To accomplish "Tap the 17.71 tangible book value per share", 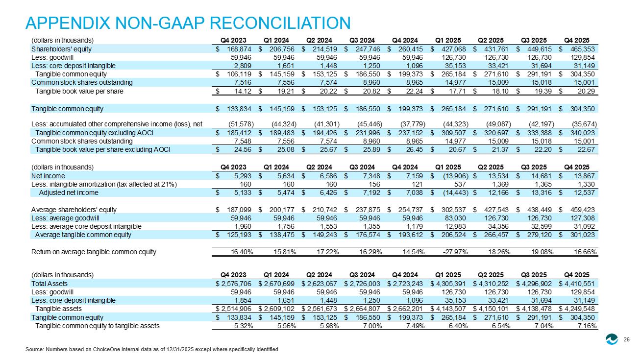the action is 457,92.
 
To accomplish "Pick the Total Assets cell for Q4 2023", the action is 234,284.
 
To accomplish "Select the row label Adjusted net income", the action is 69,193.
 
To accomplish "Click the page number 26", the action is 626,339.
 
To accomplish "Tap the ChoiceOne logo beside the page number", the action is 612,339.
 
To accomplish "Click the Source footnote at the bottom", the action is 151,349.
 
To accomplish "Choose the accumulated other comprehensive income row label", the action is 117,124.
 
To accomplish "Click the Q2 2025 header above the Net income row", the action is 491,167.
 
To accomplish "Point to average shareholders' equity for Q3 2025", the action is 540,210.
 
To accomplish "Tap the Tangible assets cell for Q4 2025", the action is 577,309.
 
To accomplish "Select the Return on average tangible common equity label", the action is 94,252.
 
